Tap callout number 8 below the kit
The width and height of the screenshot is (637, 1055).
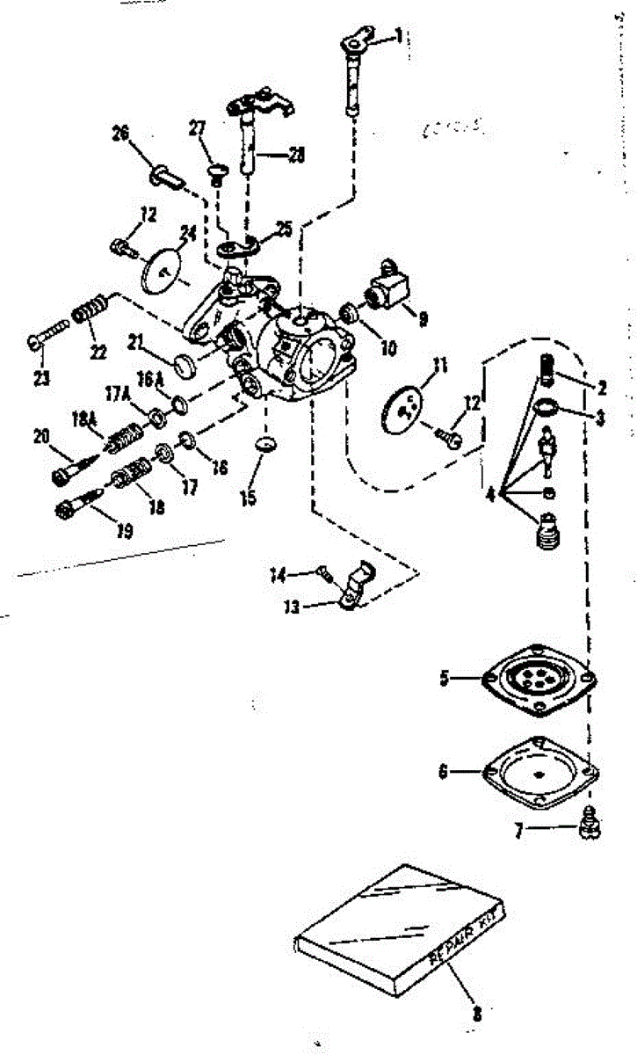[476, 1013]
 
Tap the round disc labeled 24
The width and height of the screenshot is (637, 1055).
[160, 271]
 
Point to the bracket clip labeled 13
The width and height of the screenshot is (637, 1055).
[356, 586]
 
